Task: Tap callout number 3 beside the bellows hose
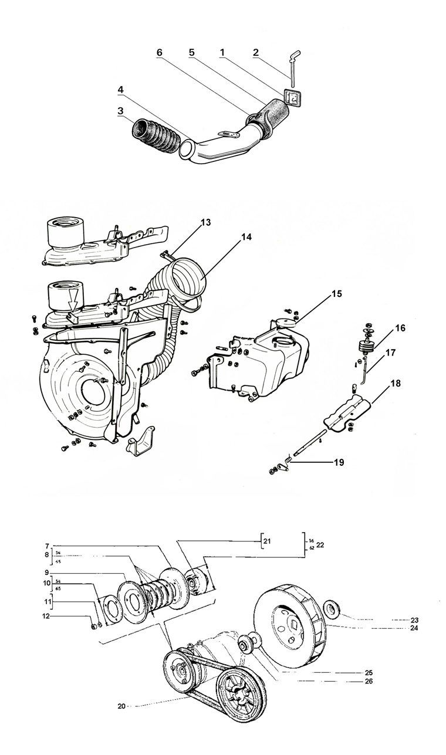(x=120, y=110)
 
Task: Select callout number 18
(x=396, y=383)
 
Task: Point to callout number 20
(x=121, y=706)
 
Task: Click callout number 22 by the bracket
(x=320, y=546)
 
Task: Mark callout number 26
(x=368, y=681)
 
